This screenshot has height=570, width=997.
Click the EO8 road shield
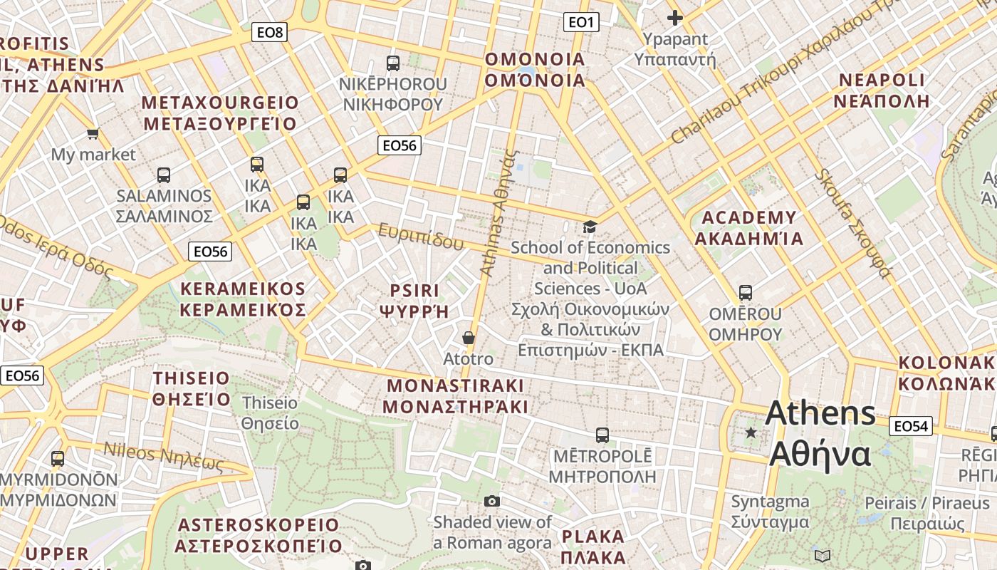coord(269,32)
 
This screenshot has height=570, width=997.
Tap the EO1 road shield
coord(581,23)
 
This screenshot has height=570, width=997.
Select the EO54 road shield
coord(910,427)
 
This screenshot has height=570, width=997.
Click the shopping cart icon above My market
coord(93,133)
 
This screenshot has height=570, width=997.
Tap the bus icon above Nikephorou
coord(393,63)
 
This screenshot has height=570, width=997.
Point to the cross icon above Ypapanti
coord(674,18)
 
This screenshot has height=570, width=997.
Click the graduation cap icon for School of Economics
coord(590,227)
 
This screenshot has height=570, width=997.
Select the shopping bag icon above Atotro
coord(468,337)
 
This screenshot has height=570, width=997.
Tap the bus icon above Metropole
coord(602,435)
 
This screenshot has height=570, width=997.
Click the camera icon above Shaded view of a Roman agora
coord(492,502)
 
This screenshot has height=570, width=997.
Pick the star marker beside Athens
coord(751,432)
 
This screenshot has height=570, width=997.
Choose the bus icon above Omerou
coord(746,292)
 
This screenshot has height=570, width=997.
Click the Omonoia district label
coord(534,70)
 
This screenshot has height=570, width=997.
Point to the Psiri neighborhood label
coord(415,301)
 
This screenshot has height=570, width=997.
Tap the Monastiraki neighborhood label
coord(456,396)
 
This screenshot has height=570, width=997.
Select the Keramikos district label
coord(242,299)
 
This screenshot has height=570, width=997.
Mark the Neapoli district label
coord(882,90)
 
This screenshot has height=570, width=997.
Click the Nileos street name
coord(164,456)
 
